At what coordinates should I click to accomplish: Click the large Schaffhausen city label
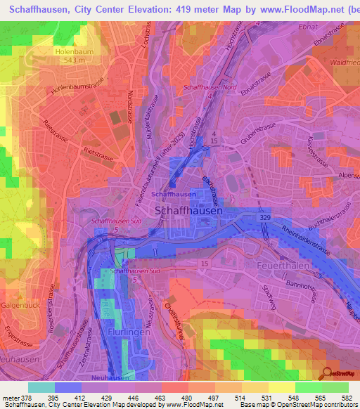[x=188, y=210]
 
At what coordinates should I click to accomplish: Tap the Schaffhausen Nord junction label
[x=208, y=87]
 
